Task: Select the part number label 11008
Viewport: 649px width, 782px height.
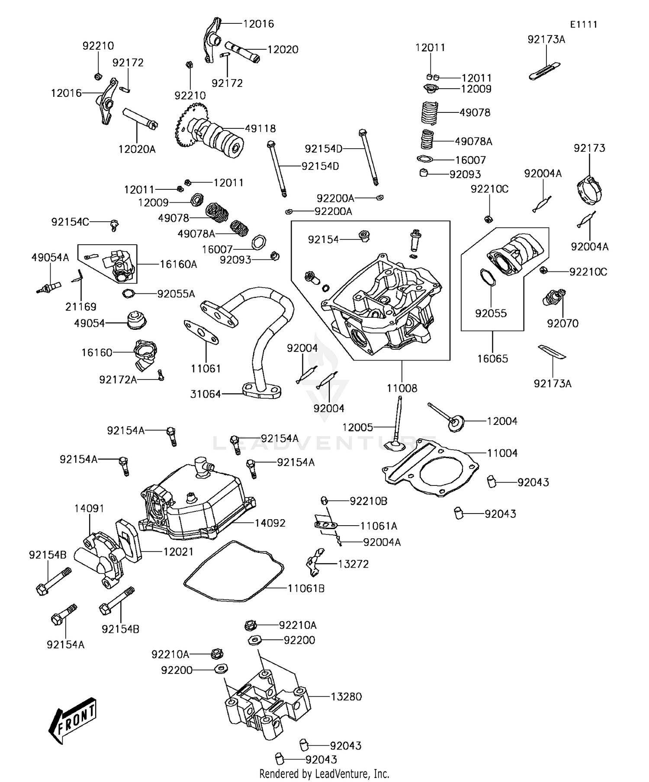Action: click(402, 388)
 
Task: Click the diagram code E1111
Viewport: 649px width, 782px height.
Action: click(583, 25)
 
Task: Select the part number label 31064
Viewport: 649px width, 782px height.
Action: click(206, 394)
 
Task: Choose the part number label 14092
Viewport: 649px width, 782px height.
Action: click(270, 523)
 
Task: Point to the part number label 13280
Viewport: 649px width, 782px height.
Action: click(346, 696)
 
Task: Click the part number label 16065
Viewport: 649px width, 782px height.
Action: click(492, 358)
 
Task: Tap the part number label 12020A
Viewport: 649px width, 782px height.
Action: click(137, 149)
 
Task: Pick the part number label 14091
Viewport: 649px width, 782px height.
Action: click(89, 508)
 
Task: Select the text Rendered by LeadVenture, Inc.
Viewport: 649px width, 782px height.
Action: click(324, 773)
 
